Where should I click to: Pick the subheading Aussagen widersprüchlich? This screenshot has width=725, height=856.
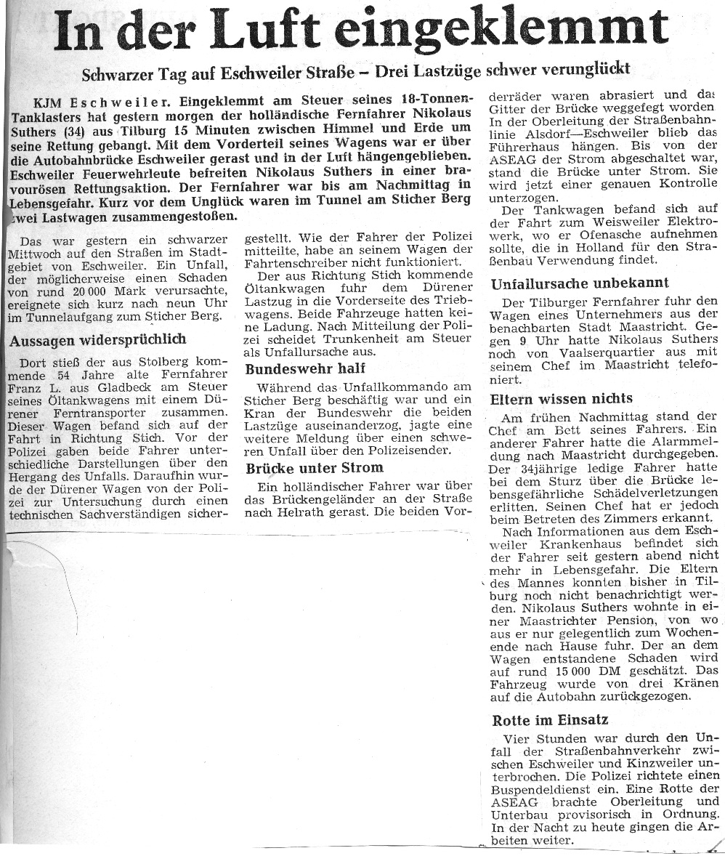(x=97, y=339)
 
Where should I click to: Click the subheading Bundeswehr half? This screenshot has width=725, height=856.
(x=304, y=368)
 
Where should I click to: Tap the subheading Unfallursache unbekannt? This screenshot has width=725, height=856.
(x=580, y=283)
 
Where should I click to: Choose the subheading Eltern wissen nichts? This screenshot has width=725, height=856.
(x=562, y=398)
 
